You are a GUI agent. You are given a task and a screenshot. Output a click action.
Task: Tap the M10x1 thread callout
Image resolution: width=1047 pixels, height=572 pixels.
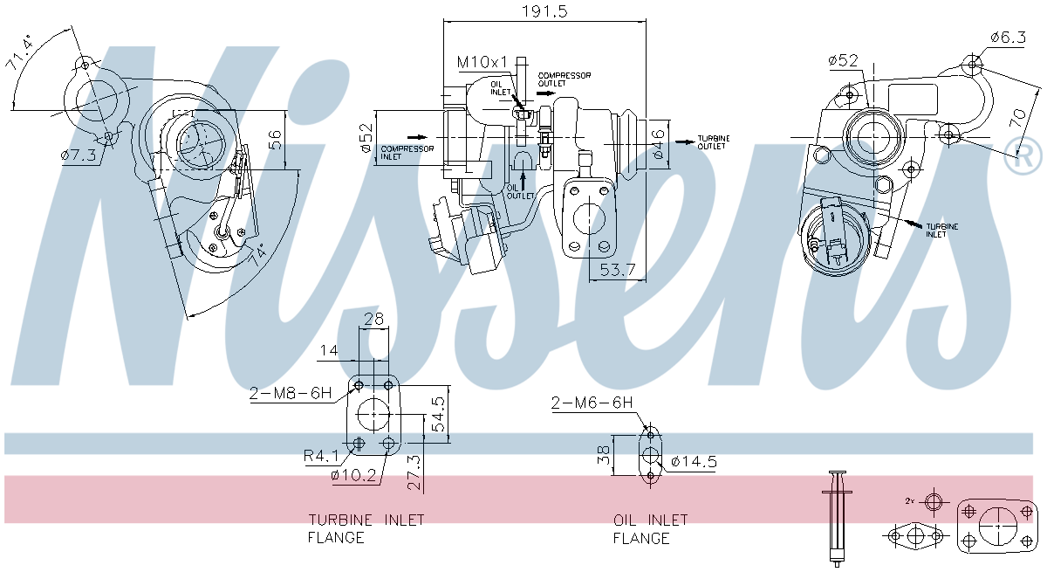pyautogui.click(x=482, y=62)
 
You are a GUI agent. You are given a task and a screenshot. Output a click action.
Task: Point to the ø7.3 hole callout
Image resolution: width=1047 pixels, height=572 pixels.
pyautogui.click(x=78, y=155)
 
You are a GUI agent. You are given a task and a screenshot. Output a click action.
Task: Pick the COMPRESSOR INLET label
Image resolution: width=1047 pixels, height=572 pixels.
pyautogui.click(x=407, y=153)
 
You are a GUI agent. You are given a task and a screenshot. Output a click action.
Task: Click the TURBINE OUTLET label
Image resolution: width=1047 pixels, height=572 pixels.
pyautogui.click(x=714, y=142)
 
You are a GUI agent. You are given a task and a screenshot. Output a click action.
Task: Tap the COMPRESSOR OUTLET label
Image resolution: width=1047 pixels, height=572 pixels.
pyautogui.click(x=564, y=79)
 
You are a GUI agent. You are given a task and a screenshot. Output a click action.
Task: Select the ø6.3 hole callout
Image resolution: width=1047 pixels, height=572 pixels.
pyautogui.click(x=1009, y=37)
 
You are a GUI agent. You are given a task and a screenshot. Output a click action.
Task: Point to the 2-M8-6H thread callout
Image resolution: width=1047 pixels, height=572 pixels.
pyautogui.click(x=290, y=394)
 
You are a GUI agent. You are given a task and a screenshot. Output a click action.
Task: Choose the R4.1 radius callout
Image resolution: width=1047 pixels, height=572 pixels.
pyautogui.click(x=321, y=455)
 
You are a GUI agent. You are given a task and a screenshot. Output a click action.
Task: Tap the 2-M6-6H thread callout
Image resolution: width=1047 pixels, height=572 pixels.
pyautogui.click(x=591, y=403)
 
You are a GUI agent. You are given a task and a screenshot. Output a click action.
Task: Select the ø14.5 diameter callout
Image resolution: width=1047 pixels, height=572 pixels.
pyautogui.click(x=694, y=462)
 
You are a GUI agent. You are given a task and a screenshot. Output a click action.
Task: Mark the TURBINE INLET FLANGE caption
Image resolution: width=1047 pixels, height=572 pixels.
pyautogui.click(x=366, y=528)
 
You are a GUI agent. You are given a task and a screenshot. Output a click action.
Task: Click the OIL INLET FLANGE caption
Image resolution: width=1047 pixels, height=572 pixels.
pyautogui.click(x=650, y=528)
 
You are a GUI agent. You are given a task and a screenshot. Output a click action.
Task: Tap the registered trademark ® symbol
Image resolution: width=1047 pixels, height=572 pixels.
pyautogui.click(x=1023, y=158)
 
